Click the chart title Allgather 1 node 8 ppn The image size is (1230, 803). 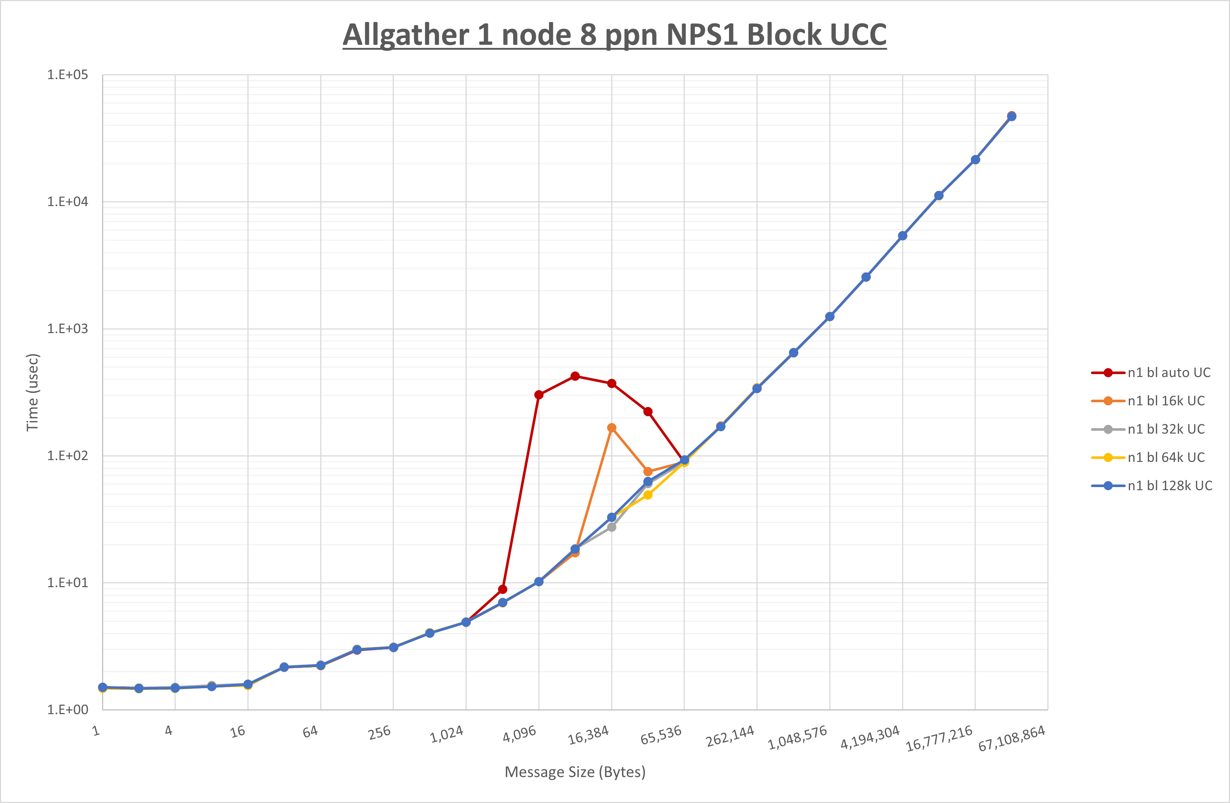coord(614,35)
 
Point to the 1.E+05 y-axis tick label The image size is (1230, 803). coord(68,75)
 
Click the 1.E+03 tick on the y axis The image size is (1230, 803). coord(68,329)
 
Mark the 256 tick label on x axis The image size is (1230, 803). coord(380,733)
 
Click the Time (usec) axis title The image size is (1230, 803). coord(33,392)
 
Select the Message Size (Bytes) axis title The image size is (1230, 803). coord(575,772)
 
